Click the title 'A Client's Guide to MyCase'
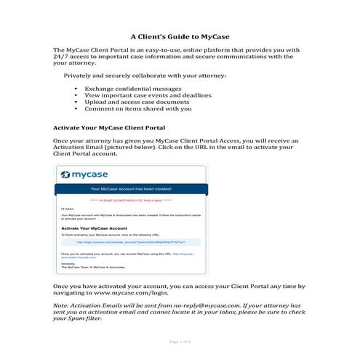point(180,35)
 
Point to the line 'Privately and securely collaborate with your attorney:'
point(148,76)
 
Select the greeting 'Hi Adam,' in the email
point(68,209)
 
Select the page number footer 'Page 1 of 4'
point(180,341)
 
